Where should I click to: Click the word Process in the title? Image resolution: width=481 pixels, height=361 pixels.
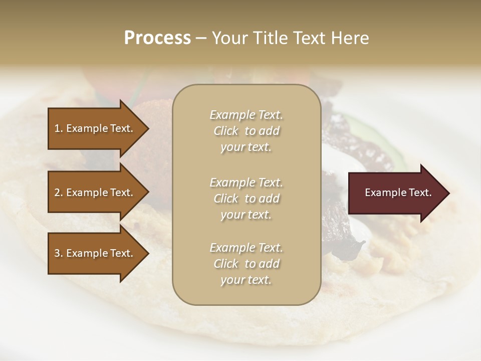[x=157, y=38]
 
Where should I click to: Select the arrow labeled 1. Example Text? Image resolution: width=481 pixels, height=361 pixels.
[x=95, y=128]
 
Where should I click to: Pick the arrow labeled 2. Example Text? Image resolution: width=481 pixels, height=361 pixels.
[x=95, y=193]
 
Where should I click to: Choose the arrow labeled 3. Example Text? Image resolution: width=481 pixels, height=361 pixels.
[x=95, y=253]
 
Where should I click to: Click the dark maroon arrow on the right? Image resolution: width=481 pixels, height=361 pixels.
[x=396, y=193]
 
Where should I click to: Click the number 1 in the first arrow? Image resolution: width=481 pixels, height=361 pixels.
[x=58, y=128]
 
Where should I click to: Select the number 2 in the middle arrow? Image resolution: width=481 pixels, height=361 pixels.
[x=58, y=193]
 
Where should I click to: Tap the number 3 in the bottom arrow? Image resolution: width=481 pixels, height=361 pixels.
[x=58, y=253]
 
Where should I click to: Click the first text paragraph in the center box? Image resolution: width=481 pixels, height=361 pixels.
[x=246, y=131]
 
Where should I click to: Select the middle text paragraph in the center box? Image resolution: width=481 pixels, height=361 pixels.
[x=246, y=198]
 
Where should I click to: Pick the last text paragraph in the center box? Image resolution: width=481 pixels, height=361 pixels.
[x=246, y=264]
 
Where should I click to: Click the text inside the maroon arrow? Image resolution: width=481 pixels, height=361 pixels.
[x=398, y=193]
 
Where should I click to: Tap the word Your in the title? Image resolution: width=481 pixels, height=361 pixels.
[x=229, y=38]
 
